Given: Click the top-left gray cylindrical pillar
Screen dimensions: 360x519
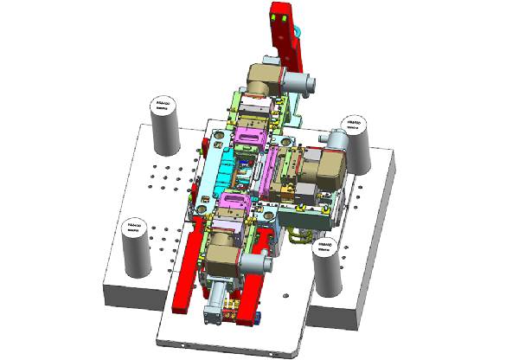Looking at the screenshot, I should (163, 125).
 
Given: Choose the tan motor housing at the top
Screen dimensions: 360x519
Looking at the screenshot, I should (262, 82).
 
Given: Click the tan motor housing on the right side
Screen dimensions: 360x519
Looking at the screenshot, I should (329, 169).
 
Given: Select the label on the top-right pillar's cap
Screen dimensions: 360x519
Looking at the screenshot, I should (357, 126).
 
